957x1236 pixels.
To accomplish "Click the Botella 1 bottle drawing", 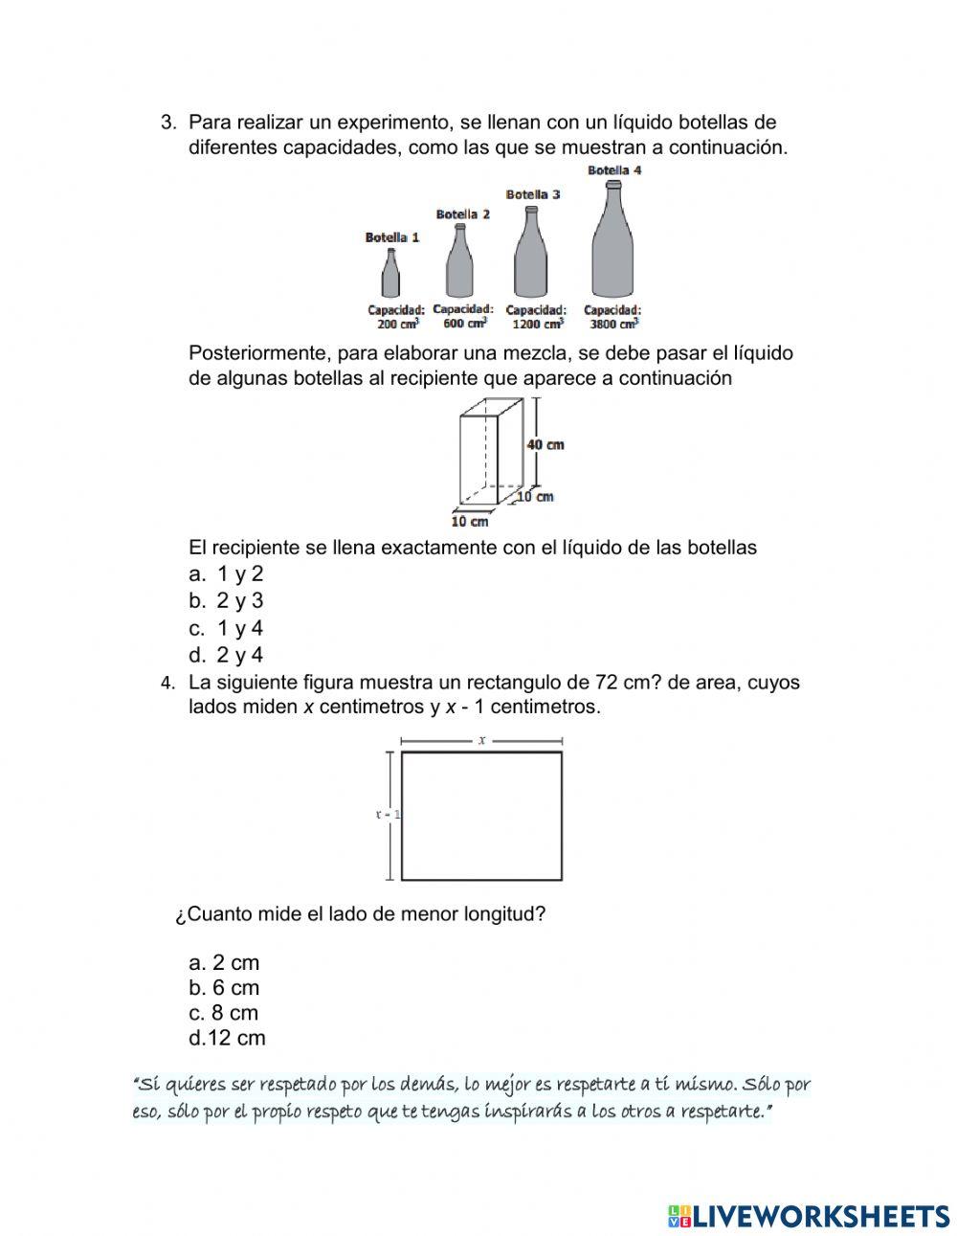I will [390, 275].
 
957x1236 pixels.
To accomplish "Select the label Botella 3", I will [533, 194].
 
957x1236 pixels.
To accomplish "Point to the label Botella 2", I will [462, 214].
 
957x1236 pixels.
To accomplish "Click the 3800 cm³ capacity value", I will [613, 324].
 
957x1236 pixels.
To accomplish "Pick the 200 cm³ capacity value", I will [393, 324].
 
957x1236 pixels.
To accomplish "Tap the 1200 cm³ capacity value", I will [535, 324].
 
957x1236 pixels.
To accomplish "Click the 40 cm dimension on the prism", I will [545, 444].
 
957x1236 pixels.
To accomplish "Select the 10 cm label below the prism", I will [470, 521].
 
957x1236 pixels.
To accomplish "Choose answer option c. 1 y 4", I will [227, 628].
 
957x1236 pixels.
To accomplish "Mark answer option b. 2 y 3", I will [227, 600].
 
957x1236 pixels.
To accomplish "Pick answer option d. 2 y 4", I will [227, 655].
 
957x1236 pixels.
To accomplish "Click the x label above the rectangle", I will [481, 740].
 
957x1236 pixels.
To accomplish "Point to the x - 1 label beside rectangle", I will [387, 815].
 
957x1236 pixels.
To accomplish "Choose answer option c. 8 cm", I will [224, 1012].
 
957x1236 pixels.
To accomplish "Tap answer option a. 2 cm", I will [225, 962].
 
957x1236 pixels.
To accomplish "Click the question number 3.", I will [168, 123].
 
